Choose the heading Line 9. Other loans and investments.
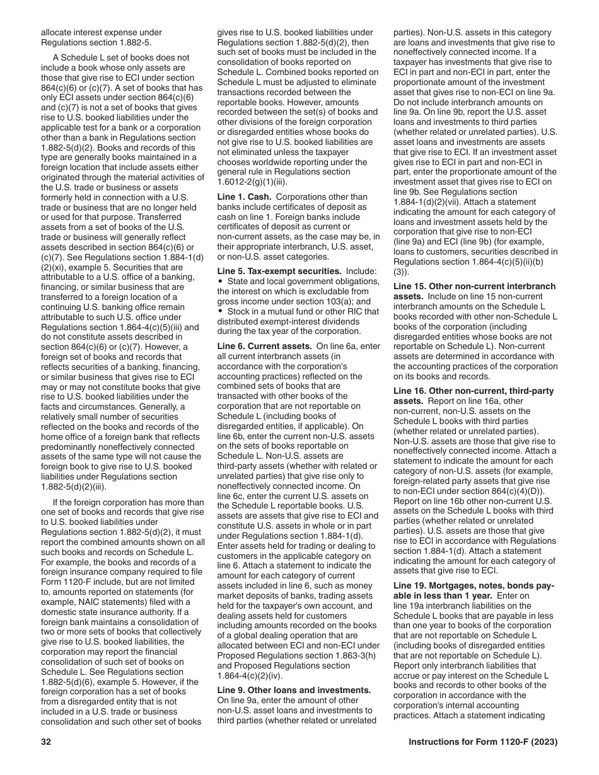(294, 690)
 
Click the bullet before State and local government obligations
(220, 281)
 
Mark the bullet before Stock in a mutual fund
(220, 311)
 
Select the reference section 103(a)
(338, 301)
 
